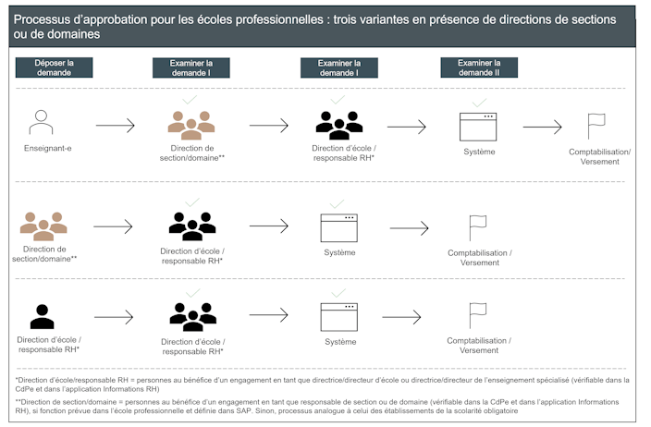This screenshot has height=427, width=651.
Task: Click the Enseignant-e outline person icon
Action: click(x=39, y=123)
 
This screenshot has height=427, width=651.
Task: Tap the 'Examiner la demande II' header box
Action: click(x=478, y=67)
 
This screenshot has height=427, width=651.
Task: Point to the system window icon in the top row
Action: click(x=478, y=127)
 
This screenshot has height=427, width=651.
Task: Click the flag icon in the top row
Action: click(x=596, y=126)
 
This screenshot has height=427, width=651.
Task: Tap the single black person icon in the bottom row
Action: click(x=42, y=317)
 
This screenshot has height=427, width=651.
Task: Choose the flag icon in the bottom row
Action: click(x=477, y=316)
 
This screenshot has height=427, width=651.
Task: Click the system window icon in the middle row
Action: click(x=338, y=226)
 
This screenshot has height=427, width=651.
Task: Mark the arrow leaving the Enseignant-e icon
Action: click(x=115, y=126)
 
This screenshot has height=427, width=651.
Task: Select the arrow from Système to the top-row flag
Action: click(x=542, y=127)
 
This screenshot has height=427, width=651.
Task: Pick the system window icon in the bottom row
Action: click(x=338, y=317)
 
